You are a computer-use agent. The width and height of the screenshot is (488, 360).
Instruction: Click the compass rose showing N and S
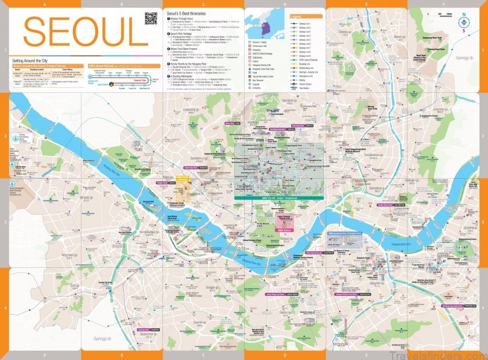(464, 21)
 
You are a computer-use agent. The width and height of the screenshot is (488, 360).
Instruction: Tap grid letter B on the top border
(122, 3)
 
